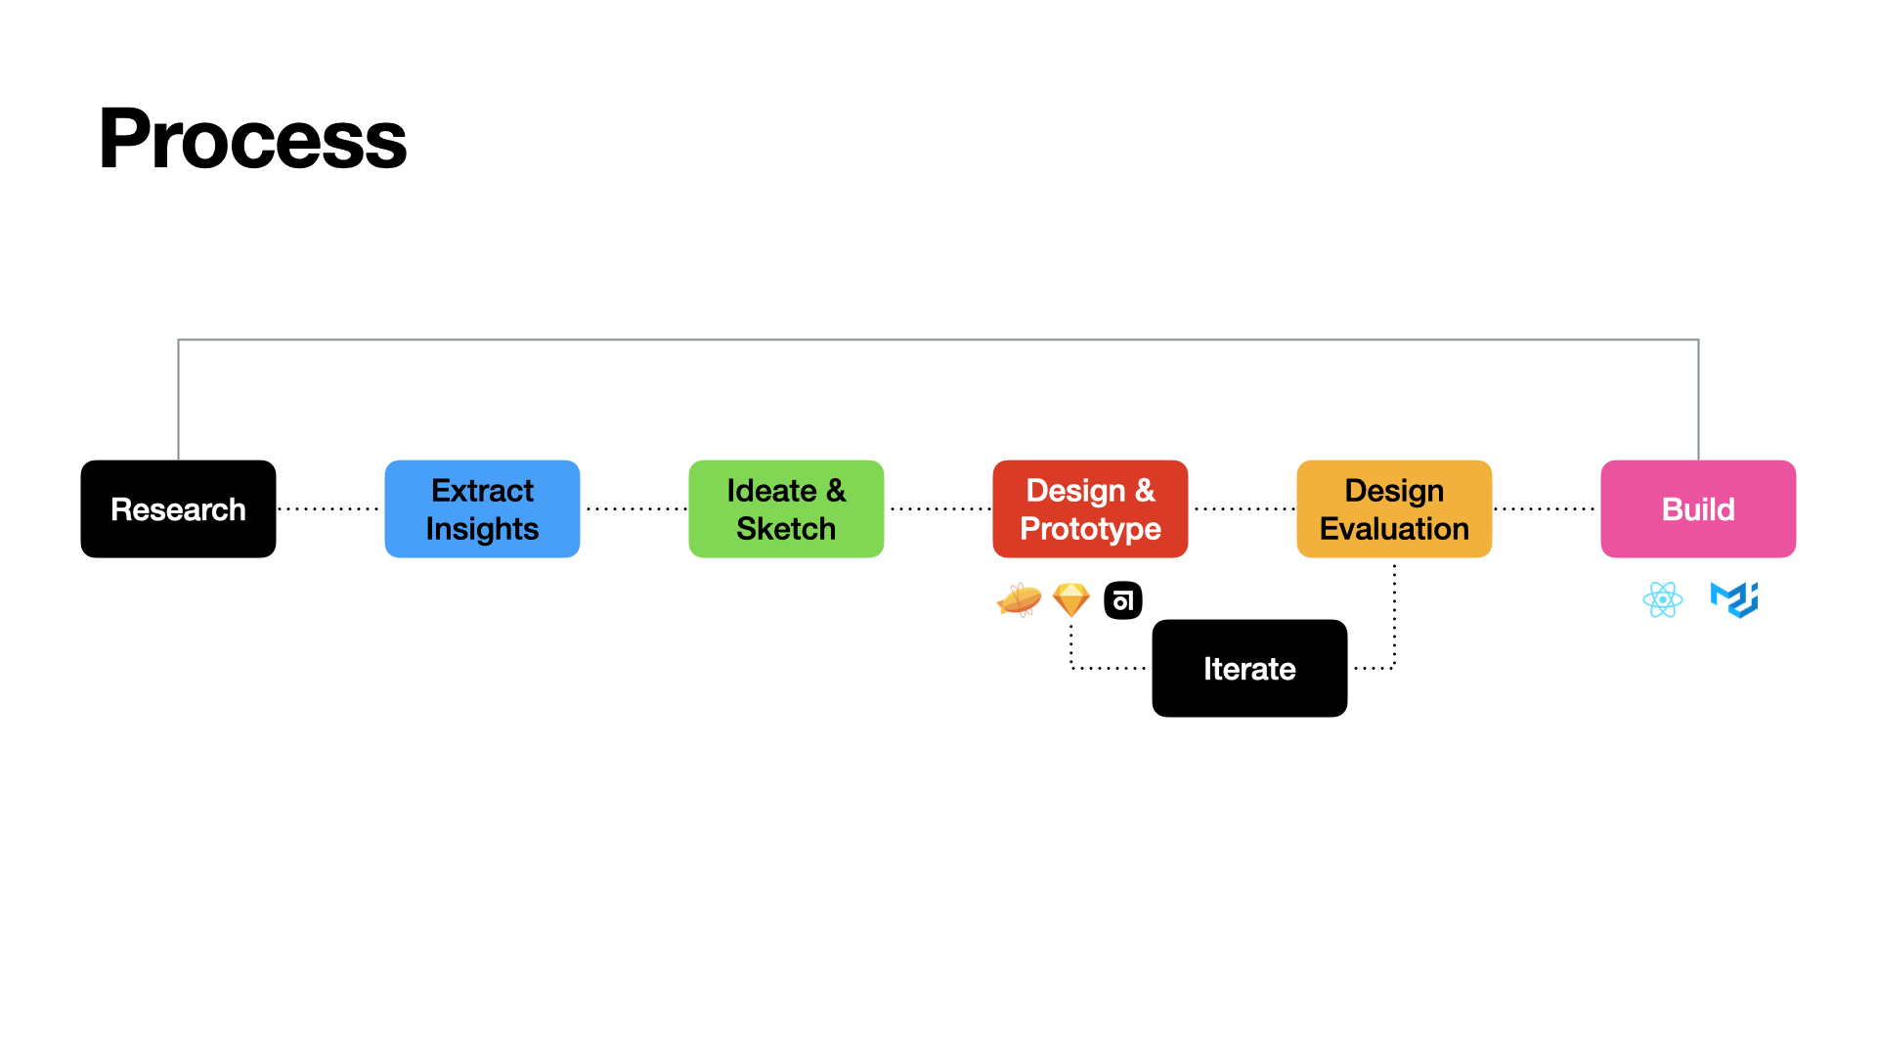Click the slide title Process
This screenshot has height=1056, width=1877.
252,140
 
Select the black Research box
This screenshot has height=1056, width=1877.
178,508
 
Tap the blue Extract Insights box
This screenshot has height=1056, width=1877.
482,508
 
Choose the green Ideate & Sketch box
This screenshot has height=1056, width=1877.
786,508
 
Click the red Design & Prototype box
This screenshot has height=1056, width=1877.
1090,508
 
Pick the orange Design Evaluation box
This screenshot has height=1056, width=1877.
1394,508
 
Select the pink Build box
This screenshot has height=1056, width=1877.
1698,508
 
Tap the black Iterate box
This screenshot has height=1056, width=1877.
1249,668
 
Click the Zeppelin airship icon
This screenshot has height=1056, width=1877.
1019,599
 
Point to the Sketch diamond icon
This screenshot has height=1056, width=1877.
1071,599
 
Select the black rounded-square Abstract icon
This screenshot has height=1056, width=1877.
1123,600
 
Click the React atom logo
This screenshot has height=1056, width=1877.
1663,599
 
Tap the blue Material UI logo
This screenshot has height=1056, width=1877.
1734,599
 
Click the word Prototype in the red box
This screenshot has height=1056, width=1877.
1090,529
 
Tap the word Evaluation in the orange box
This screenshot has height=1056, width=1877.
1394,529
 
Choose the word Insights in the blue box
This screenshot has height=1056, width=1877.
482,529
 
